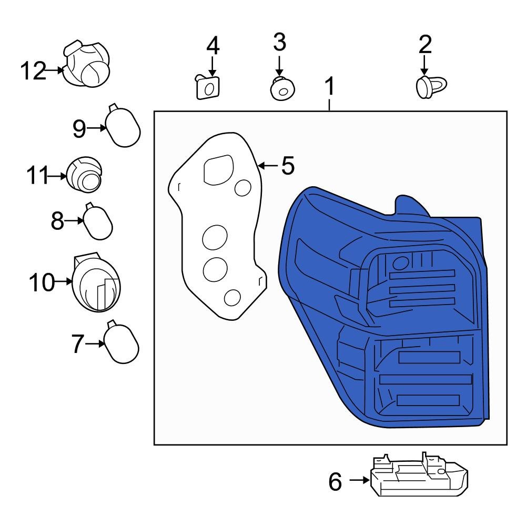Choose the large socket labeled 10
coord(96,283)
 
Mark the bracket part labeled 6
coord(420,476)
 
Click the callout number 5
coord(288,166)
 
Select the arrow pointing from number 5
coord(268,166)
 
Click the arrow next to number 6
coord(359,480)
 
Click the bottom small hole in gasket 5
coord(232,298)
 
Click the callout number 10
coord(42,282)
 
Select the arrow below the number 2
coord(424,65)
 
